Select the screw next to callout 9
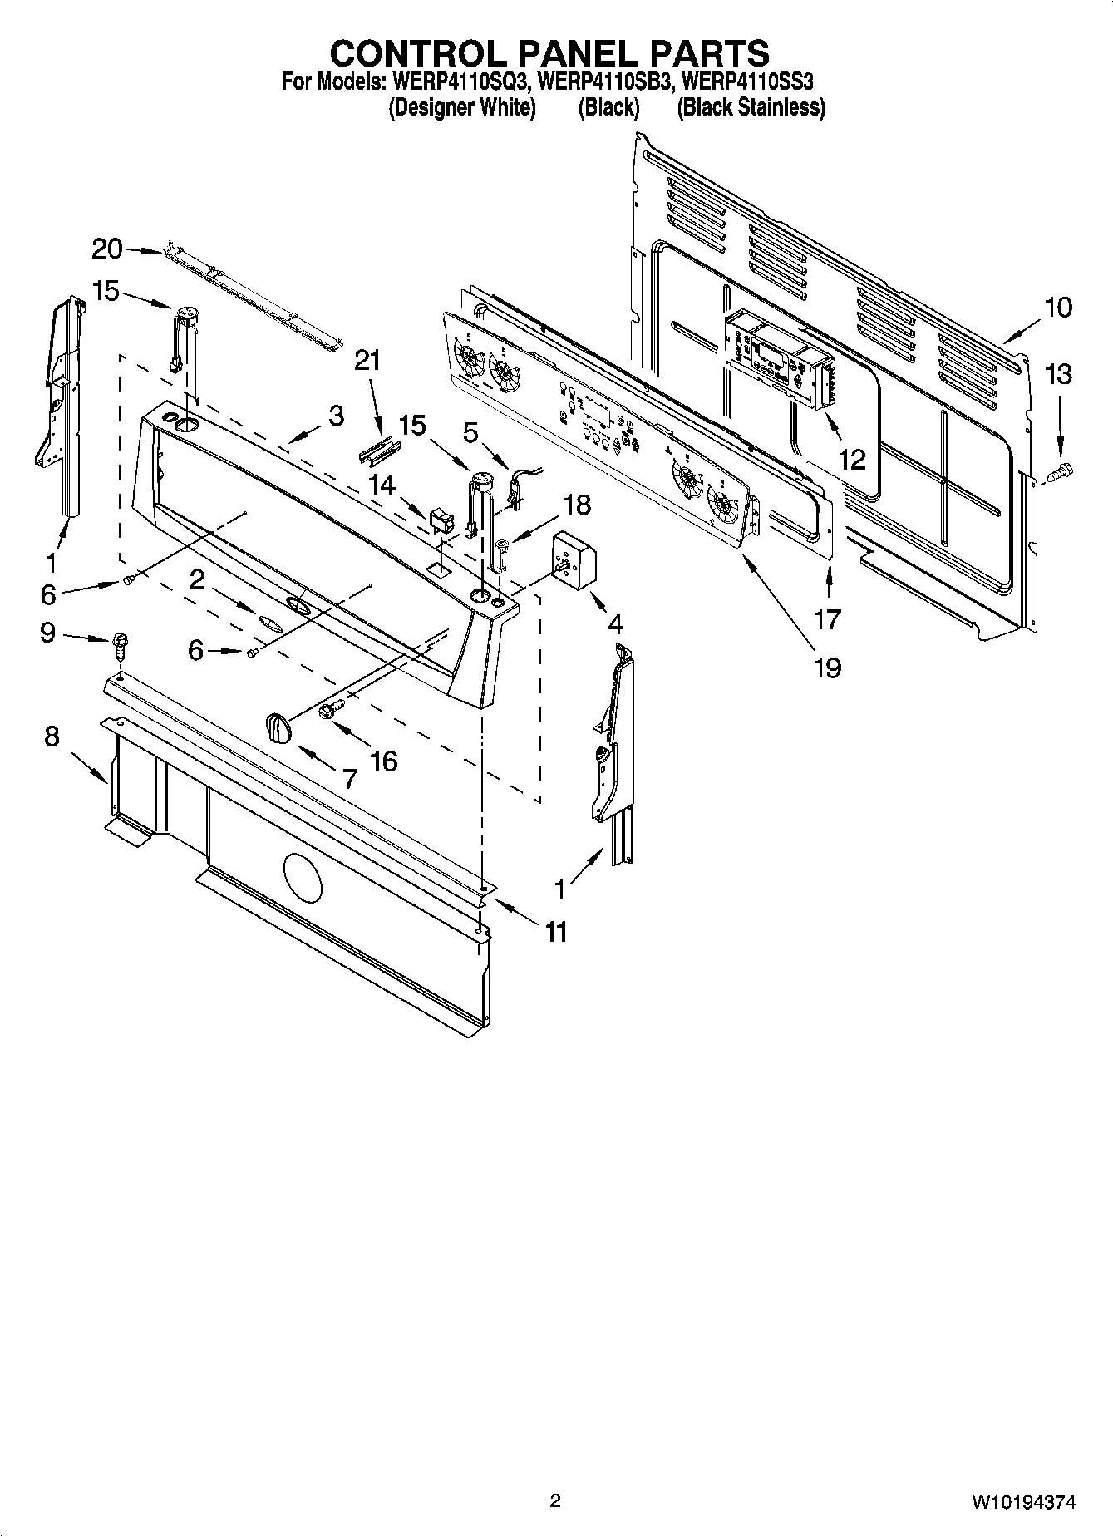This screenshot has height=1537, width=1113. pyautogui.click(x=119, y=643)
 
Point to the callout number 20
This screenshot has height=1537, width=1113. pyautogui.click(x=106, y=248)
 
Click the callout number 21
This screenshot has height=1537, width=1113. pyautogui.click(x=367, y=361)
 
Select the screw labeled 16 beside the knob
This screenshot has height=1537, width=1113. pyautogui.click(x=332, y=709)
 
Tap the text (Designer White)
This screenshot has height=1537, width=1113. pyautogui.click(x=462, y=107)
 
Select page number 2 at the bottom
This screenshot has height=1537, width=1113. pyautogui.click(x=555, y=1500)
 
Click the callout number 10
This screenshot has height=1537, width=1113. pyautogui.click(x=1057, y=308)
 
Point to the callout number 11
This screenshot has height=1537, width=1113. pyautogui.click(x=555, y=932)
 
